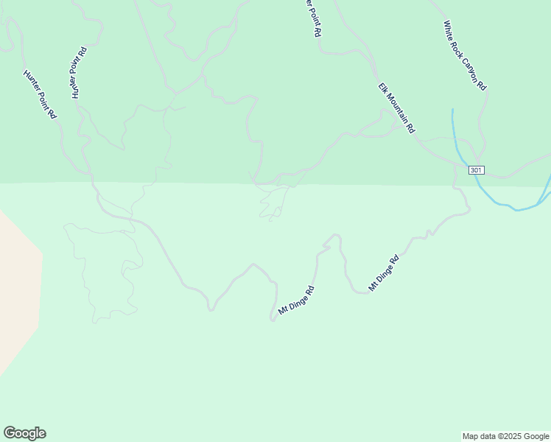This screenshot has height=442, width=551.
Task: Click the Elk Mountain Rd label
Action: point(398,108)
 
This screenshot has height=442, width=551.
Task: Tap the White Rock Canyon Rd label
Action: point(465,55)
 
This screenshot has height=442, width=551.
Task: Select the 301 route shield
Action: point(475,170)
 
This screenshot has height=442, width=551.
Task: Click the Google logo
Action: point(24,433)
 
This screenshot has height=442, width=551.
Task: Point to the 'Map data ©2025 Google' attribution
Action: point(505,436)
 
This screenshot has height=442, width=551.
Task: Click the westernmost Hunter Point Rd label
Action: point(41,95)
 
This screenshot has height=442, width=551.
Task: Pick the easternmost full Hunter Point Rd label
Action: point(79,73)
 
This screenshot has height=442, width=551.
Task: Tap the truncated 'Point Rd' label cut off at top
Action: point(314,18)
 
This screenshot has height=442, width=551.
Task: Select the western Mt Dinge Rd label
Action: point(296,301)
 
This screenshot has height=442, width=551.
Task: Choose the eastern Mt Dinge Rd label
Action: point(383,273)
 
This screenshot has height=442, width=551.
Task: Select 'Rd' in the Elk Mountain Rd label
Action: point(411,127)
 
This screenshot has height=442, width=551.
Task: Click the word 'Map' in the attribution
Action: point(471,436)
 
